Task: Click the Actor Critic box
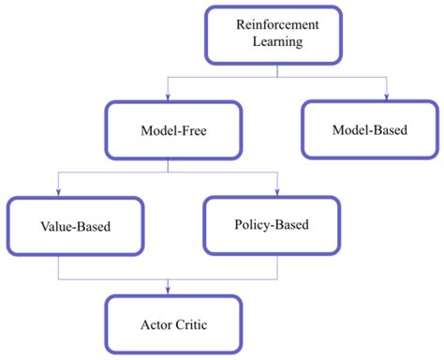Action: (x=174, y=324)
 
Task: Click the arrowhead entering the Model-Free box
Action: (x=168, y=97)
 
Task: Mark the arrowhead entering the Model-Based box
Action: (x=386, y=97)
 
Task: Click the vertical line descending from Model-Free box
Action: (x=168, y=165)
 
